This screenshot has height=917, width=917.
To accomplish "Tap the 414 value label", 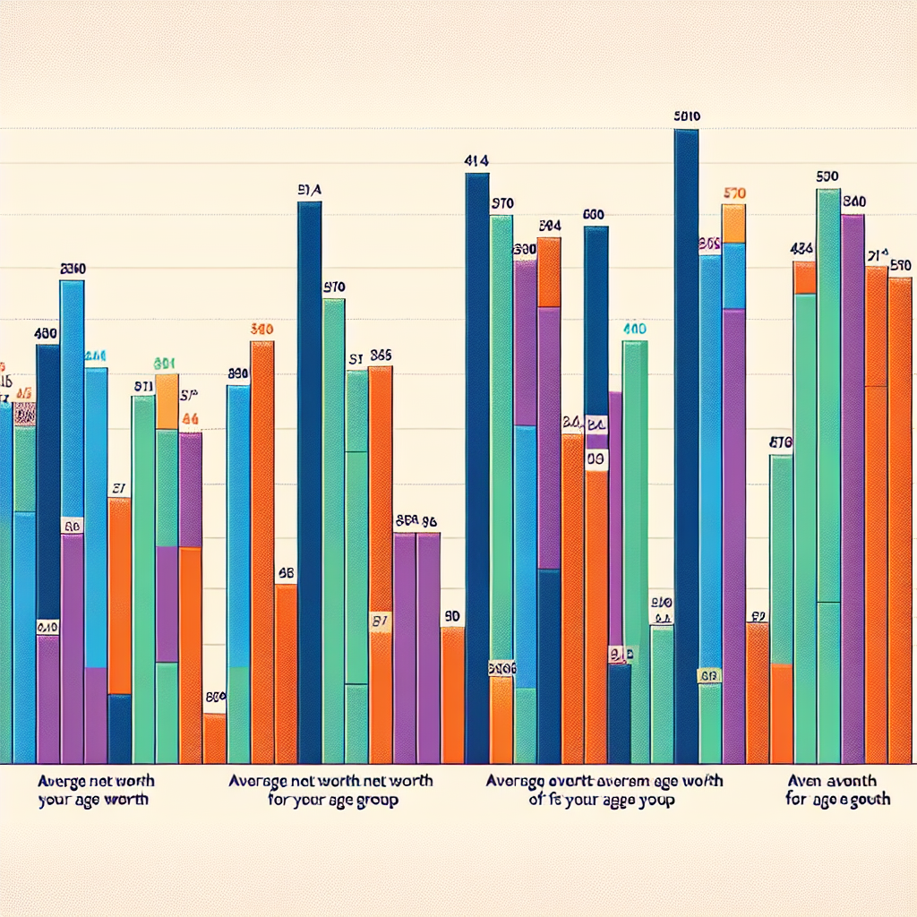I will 476,162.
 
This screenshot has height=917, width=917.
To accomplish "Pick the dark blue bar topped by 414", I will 477,466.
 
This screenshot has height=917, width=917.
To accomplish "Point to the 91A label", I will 309,190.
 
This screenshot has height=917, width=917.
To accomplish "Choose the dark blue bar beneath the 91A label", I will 309,484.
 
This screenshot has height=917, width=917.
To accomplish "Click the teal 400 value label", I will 634,329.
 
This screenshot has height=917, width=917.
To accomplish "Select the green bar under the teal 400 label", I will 635,546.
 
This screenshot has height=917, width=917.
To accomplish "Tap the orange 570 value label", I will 734,193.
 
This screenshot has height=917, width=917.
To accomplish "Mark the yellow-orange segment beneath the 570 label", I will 734,224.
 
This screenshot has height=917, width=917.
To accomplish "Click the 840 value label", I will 853,202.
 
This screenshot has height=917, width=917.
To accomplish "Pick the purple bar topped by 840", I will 853,484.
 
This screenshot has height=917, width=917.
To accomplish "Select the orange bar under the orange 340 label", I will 262,546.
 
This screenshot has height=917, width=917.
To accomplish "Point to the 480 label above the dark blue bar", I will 46,333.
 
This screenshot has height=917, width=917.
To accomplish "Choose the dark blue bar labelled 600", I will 596,313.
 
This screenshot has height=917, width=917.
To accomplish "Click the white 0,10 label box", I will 47,628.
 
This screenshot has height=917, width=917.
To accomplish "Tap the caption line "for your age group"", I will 333,800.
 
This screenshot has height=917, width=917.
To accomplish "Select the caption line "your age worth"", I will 94,800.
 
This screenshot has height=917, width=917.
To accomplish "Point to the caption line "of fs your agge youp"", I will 602,800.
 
